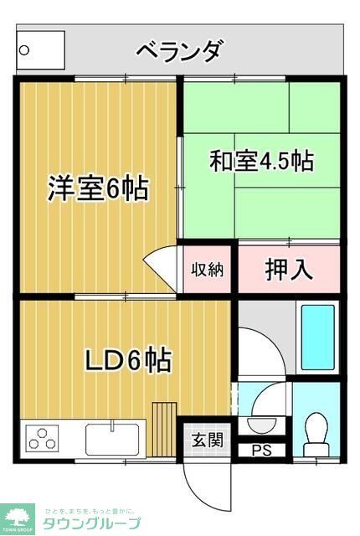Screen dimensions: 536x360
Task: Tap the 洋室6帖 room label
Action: point(97,188)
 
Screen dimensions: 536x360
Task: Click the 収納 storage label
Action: point(206,269)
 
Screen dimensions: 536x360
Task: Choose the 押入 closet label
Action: point(289,269)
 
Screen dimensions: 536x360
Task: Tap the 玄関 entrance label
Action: point(206,440)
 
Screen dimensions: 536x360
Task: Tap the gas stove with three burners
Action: point(42,438)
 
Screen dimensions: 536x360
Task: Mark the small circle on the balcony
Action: point(24,49)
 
